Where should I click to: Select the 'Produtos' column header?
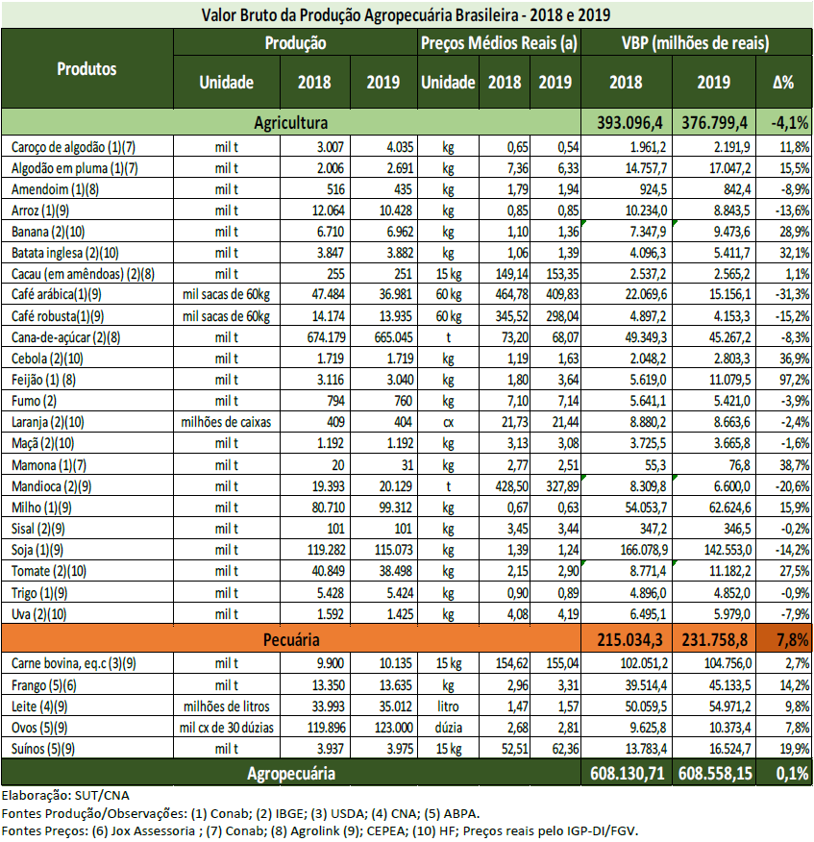click(86, 69)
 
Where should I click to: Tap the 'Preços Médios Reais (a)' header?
click(499, 43)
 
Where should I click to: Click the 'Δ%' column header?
click(783, 83)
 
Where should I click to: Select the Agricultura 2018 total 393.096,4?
click(629, 122)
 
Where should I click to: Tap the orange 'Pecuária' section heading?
click(291, 638)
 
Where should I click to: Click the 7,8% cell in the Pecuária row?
click(783, 638)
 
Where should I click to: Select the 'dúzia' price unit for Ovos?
click(447, 728)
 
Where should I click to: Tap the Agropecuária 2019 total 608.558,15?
click(715, 772)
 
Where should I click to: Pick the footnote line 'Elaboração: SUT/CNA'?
click(64, 796)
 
